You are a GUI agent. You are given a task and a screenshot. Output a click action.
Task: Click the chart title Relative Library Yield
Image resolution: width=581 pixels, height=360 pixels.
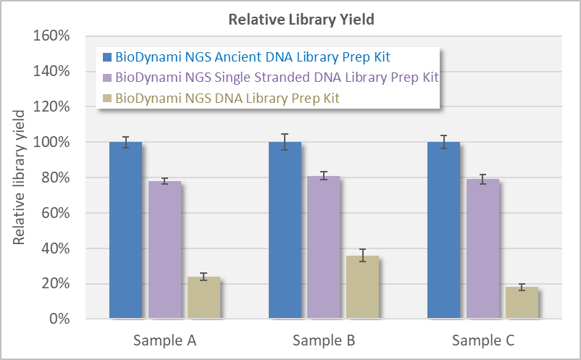(301, 20)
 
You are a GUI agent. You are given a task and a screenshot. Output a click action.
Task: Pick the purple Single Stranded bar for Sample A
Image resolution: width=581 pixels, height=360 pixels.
(164, 250)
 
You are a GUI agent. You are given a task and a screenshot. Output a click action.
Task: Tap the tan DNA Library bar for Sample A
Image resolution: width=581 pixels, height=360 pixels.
(204, 298)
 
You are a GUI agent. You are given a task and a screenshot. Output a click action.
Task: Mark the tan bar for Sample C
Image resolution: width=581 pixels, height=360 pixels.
(522, 303)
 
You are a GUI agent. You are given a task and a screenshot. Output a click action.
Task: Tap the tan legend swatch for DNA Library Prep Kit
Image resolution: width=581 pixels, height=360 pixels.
(107, 97)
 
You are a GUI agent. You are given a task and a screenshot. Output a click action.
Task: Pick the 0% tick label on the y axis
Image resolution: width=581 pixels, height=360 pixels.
(59, 319)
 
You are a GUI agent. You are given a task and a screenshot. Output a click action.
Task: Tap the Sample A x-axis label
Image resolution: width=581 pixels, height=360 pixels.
(164, 340)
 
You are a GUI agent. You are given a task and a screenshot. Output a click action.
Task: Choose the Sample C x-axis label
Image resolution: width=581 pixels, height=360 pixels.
(482, 340)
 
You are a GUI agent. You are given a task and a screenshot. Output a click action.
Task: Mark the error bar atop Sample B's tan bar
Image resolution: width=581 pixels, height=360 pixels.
(363, 255)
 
